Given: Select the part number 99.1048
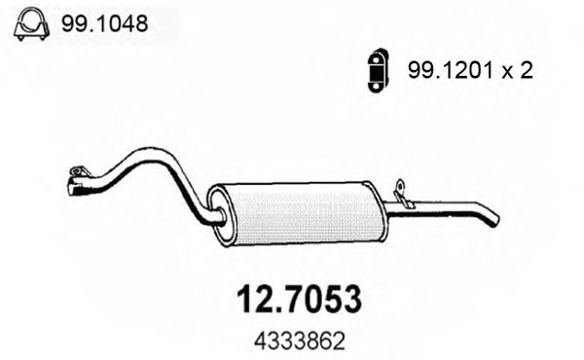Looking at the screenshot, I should [103, 25].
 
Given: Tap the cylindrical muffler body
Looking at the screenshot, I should [302, 211].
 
